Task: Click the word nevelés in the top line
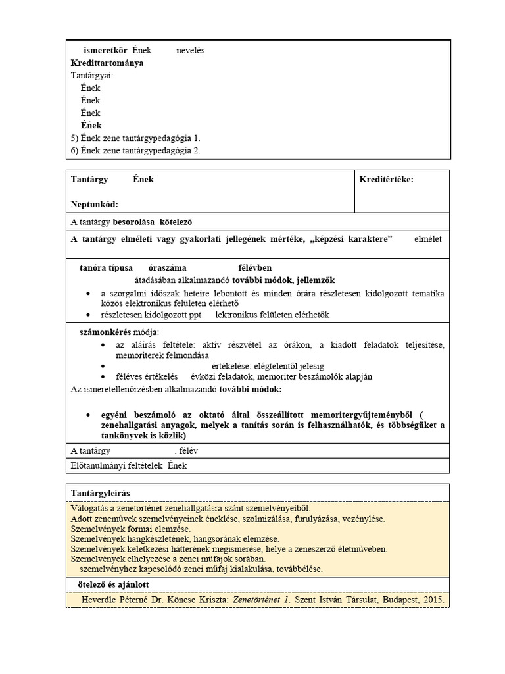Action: [191, 51]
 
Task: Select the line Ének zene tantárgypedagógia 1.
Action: [135, 138]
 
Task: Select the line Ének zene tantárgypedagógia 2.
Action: [135, 151]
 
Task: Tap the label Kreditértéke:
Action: [386, 179]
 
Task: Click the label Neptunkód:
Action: [94, 205]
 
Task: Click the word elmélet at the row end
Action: [428, 239]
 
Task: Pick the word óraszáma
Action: [168, 268]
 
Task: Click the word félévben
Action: [250, 268]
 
